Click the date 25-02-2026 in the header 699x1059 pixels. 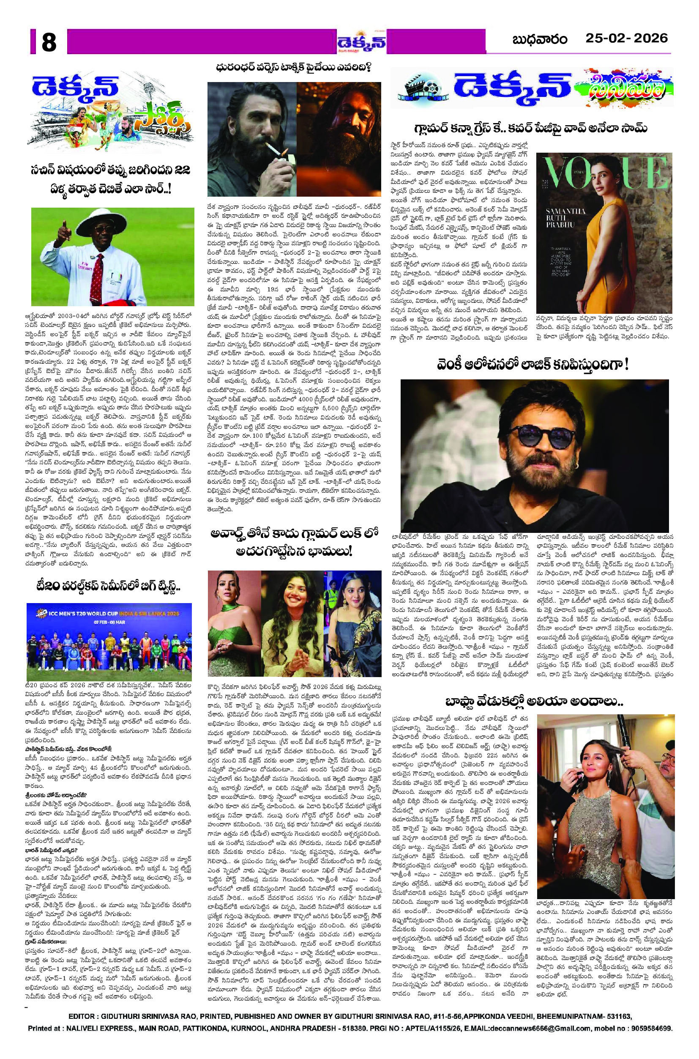click(x=626, y=39)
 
